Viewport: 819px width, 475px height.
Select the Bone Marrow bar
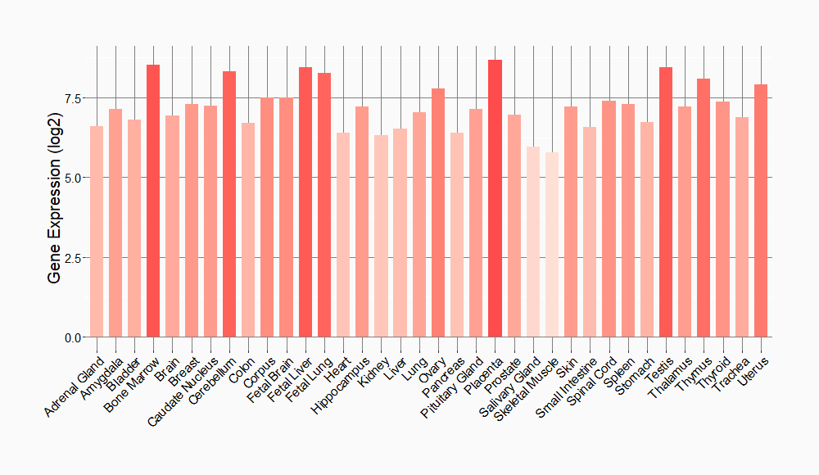click(x=153, y=201)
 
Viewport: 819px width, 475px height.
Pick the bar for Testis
click(x=666, y=201)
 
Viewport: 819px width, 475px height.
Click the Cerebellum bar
click(x=229, y=204)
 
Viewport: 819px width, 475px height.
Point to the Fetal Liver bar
click(x=305, y=201)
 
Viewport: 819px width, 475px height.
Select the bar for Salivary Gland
click(x=533, y=242)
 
